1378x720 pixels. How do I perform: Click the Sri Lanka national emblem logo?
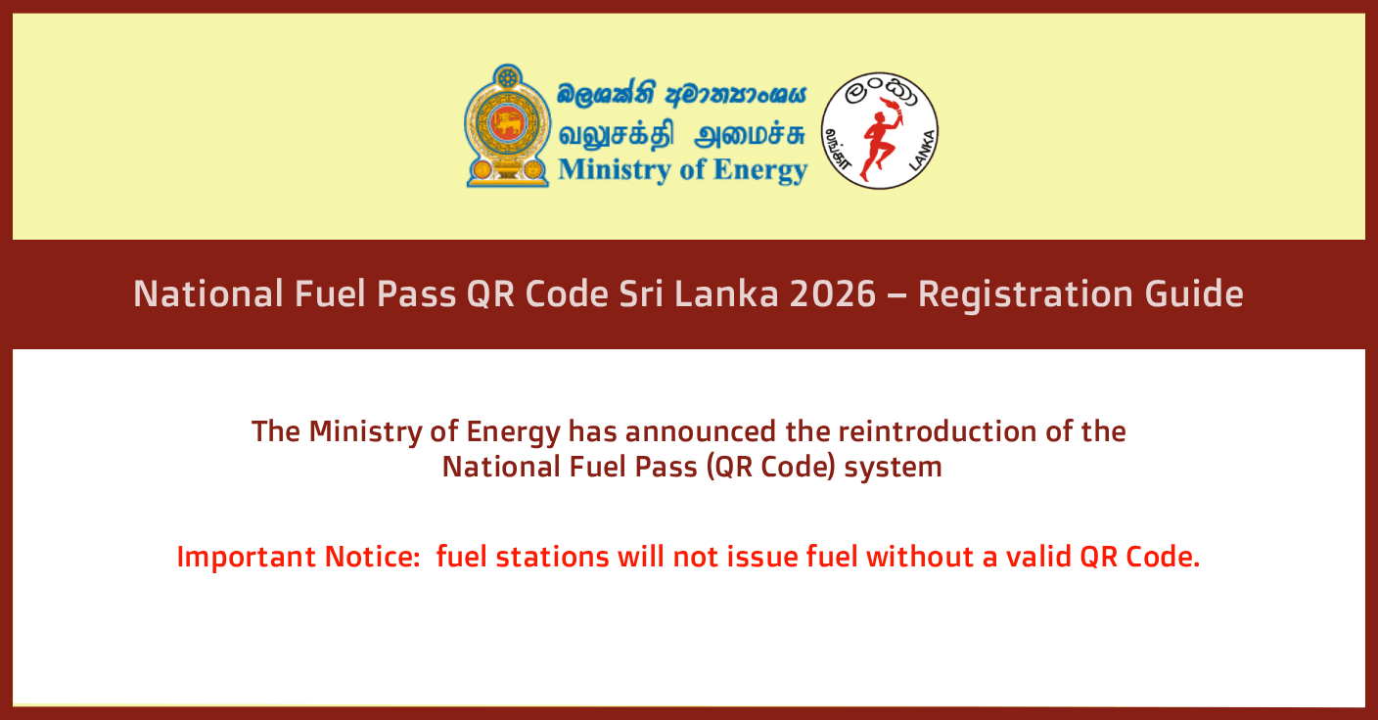pyautogui.click(x=506, y=126)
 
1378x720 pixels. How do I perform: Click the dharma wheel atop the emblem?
pyautogui.click(x=507, y=78)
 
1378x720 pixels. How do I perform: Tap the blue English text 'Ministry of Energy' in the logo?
pyautogui.click(x=682, y=169)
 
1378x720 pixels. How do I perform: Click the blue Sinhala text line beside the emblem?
pyautogui.click(x=682, y=95)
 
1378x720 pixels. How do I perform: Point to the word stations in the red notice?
pyautogui.click(x=552, y=558)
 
